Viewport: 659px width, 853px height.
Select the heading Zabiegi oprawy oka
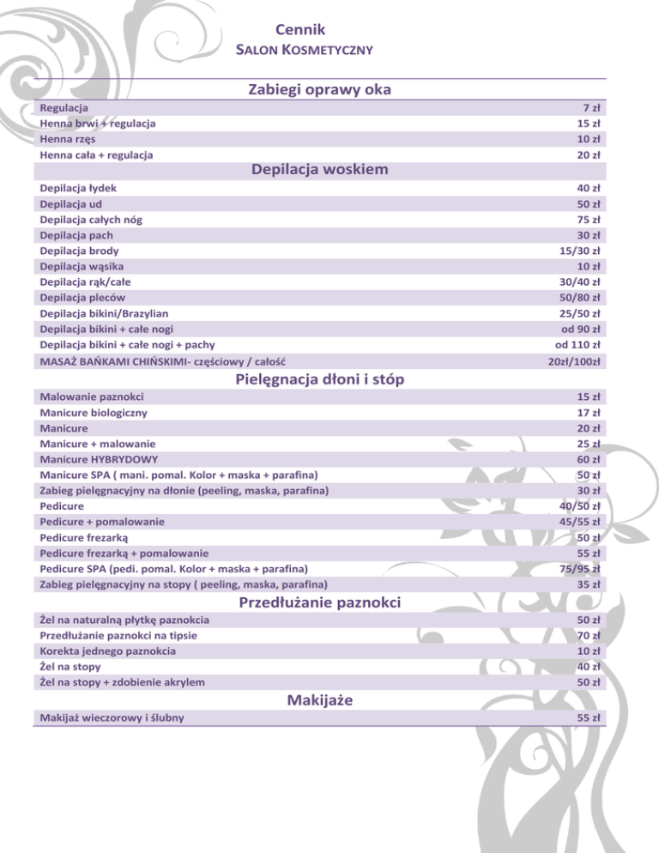pyautogui.click(x=320, y=89)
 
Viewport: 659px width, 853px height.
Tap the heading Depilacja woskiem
pyautogui.click(x=320, y=169)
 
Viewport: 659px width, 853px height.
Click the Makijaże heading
pyautogui.click(x=320, y=700)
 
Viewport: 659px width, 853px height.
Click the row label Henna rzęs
pyautogui.click(x=68, y=139)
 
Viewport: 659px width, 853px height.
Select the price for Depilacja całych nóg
pyautogui.click(x=588, y=219)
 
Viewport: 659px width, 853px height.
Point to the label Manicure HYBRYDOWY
pyautogui.click(x=99, y=459)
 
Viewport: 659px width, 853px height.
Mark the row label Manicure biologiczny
pyautogui.click(x=94, y=412)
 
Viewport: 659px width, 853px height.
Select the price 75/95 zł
pyautogui.click(x=579, y=568)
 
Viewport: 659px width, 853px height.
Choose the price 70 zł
pyautogui.click(x=588, y=636)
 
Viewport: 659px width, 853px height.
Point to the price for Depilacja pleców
pyautogui.click(x=579, y=298)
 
